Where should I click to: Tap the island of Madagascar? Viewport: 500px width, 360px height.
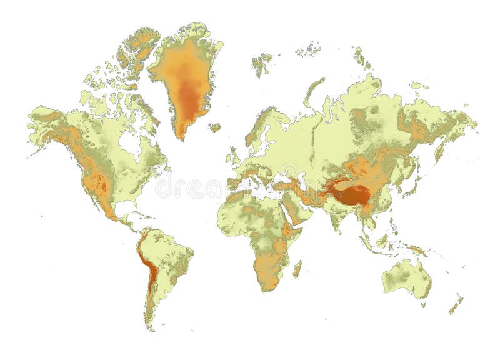point(297,269)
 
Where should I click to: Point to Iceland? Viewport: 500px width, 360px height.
point(214,127)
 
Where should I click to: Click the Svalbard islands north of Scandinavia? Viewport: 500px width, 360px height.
point(262,62)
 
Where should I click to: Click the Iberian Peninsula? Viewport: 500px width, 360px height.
point(234,184)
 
